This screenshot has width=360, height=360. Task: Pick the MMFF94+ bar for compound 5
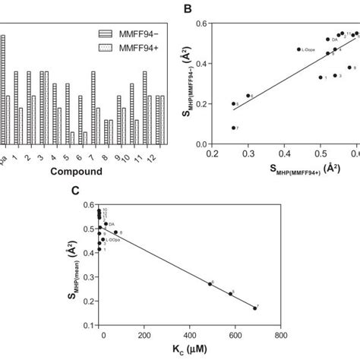(x=73, y=137)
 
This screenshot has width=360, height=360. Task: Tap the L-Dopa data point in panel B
(x=298, y=49)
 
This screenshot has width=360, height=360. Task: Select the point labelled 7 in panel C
(x=255, y=308)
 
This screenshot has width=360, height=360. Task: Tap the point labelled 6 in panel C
(x=210, y=284)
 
